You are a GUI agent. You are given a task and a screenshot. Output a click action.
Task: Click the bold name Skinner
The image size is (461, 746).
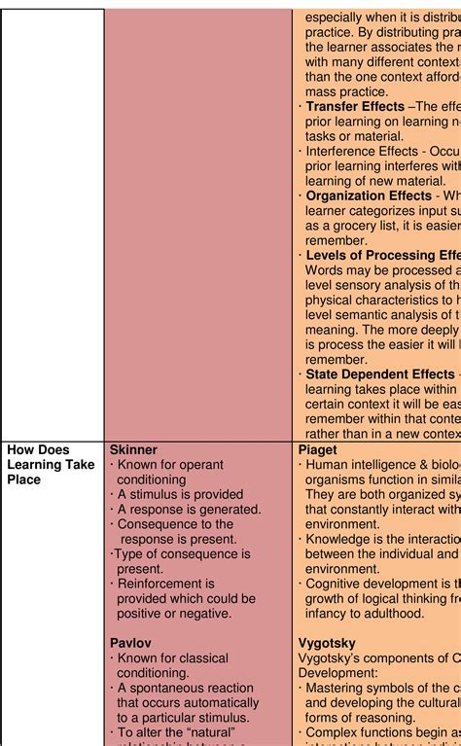point(133,450)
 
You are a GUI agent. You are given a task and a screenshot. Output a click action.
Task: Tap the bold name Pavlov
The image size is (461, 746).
point(130,643)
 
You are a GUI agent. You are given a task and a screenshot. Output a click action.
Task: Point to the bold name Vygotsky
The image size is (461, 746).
point(327,643)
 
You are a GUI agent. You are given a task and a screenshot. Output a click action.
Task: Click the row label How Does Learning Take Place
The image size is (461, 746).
point(51,465)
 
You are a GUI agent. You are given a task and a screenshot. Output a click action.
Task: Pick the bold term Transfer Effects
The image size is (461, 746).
point(355,106)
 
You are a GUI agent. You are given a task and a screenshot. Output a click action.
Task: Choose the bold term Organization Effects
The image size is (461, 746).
point(369,195)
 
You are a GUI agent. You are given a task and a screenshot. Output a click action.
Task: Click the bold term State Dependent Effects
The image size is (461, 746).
point(380,373)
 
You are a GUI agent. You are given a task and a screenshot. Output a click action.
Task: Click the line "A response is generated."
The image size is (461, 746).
point(189,509)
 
